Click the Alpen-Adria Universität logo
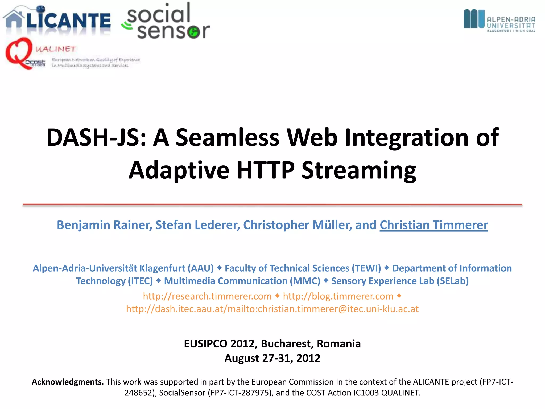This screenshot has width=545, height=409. coord(499,21)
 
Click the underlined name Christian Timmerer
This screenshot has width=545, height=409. coord(434,225)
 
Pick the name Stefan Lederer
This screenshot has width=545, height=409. coord(197,225)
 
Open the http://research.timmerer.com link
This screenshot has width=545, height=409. coord(207,296)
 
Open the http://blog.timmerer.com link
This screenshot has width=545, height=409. coord(338,296)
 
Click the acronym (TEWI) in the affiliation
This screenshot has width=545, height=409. coord(366,268)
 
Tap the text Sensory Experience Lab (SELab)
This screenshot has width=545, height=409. coord(400,281)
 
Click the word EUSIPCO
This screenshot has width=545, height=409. coord(206,344)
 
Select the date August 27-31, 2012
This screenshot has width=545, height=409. coord(272,358)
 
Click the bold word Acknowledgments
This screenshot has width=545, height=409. coord(68,382)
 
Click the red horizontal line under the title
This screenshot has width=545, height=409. coord(272,204)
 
